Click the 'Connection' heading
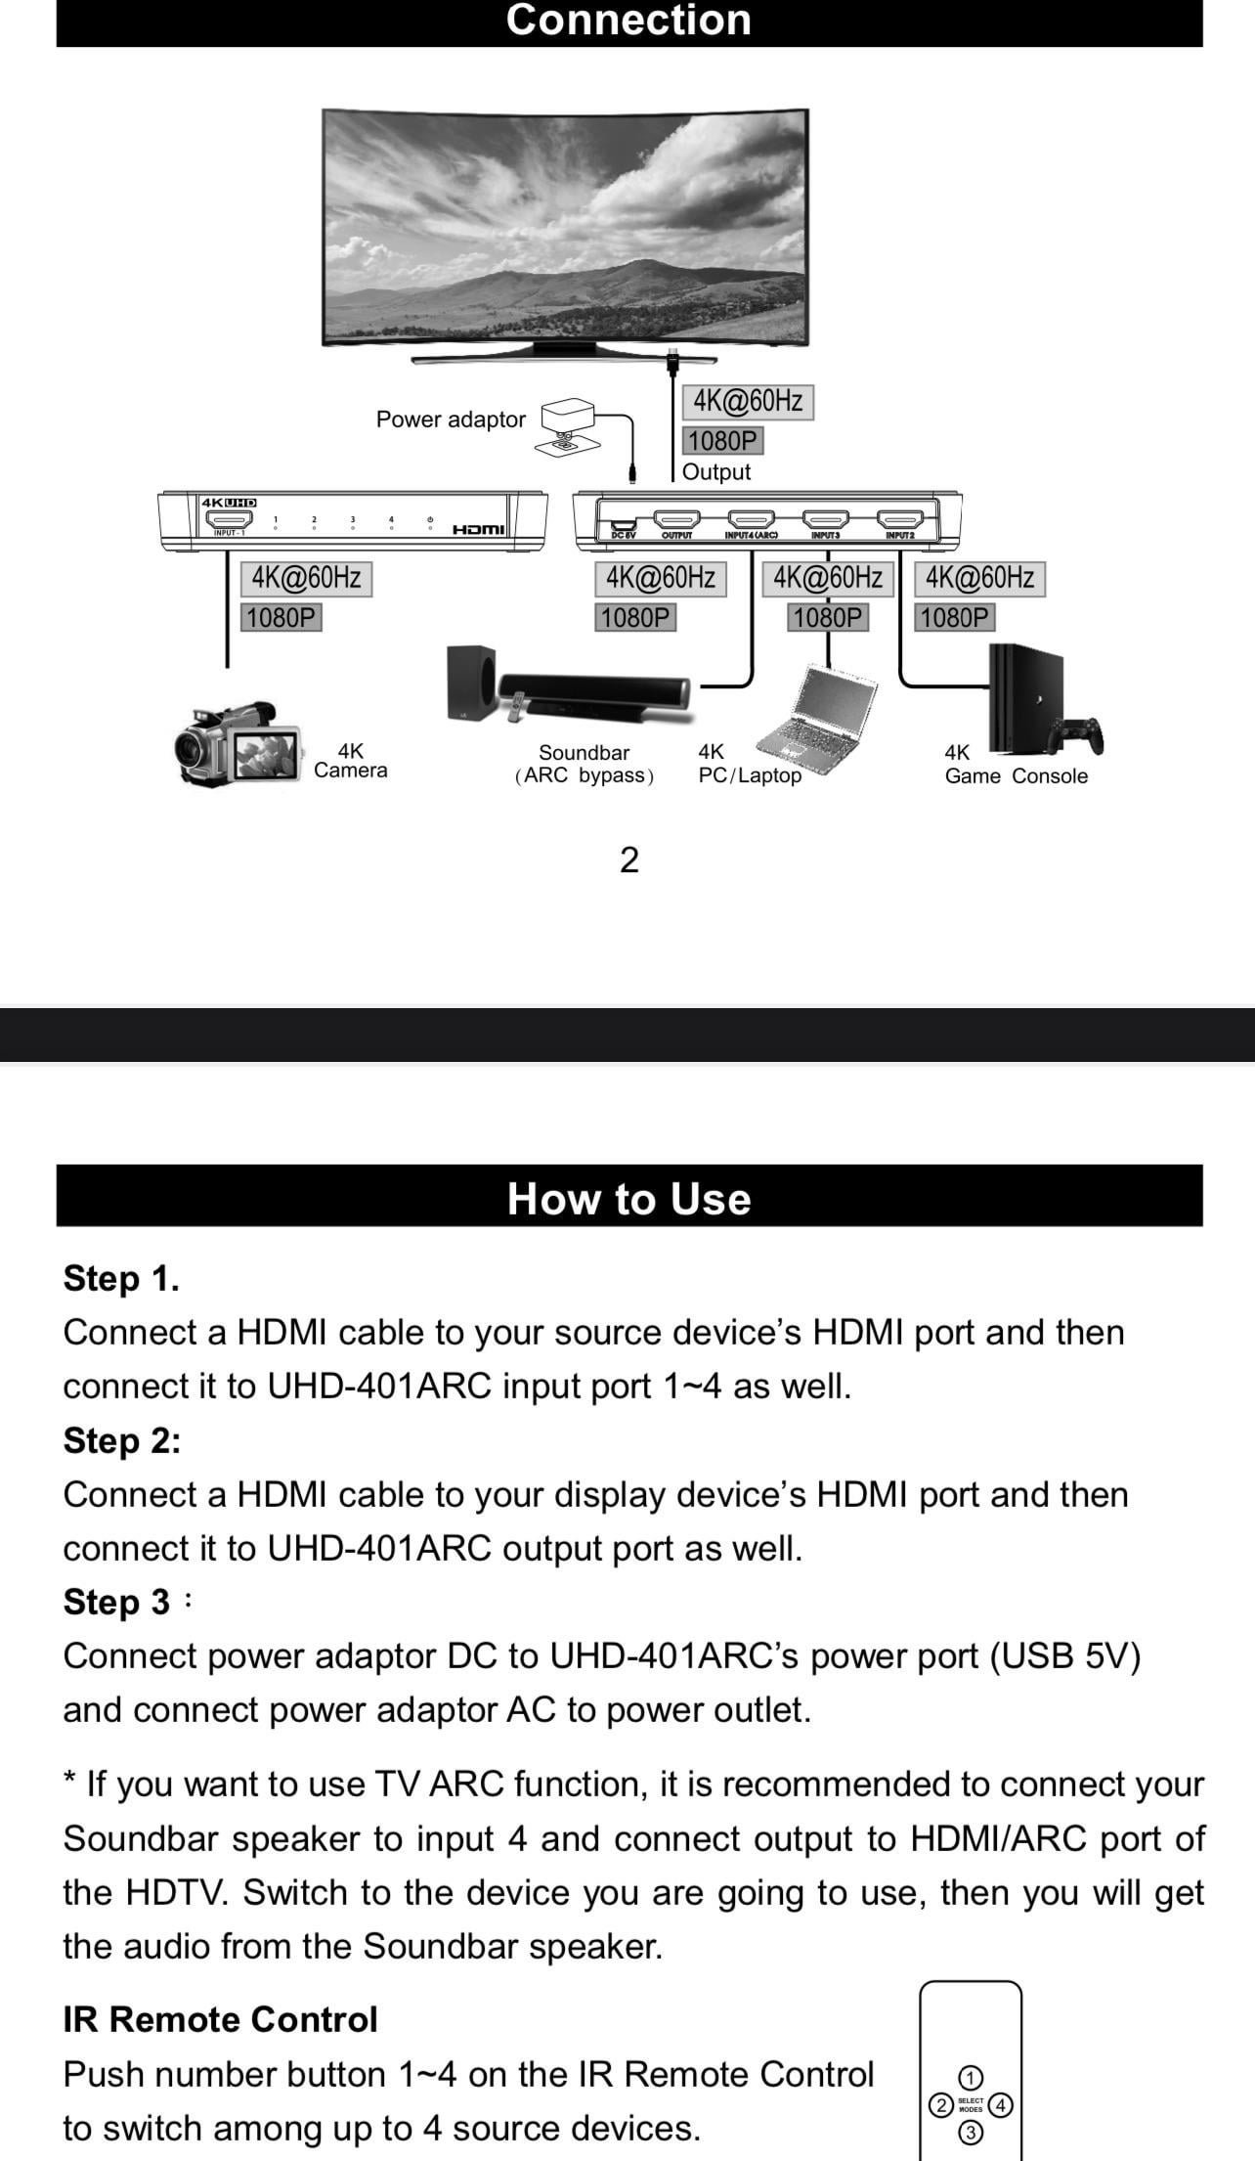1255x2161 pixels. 628,21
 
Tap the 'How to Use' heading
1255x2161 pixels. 628,1199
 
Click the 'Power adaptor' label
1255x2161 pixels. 451,419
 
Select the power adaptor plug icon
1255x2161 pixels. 568,426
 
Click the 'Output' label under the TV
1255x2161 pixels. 716,472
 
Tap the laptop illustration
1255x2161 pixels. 829,713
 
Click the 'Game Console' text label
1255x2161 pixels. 1016,776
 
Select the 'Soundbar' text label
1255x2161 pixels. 584,753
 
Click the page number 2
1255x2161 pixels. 629,860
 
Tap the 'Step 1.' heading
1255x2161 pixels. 121,1279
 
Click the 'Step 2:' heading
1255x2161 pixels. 122,1441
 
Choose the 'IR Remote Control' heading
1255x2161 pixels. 220,2019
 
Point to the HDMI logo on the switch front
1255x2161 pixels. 479,529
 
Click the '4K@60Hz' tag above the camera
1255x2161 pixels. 306,578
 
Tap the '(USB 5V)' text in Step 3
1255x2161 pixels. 1064,1656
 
